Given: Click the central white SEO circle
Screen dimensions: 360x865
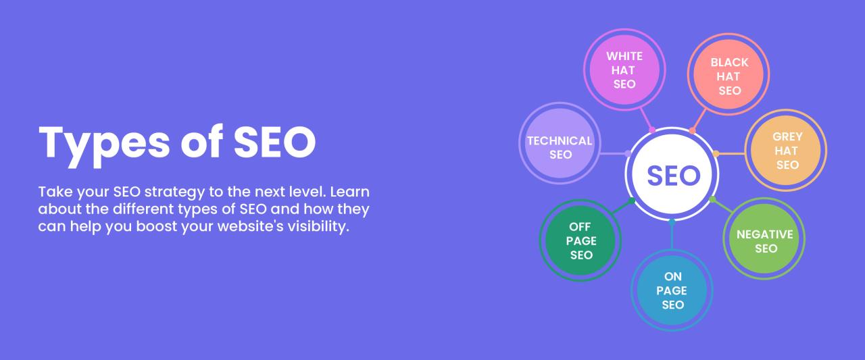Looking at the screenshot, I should click(x=672, y=175).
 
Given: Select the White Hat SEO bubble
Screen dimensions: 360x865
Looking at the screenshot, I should click(x=624, y=70).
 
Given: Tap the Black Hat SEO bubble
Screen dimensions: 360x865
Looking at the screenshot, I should click(x=729, y=76).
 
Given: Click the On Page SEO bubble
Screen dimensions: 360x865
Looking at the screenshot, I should click(x=672, y=290).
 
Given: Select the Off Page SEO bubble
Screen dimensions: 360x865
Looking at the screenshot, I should click(x=580, y=240).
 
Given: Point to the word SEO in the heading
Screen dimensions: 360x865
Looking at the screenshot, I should click(x=275, y=143).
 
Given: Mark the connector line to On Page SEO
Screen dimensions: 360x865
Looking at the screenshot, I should click(x=672, y=236).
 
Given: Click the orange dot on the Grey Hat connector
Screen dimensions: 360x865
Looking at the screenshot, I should click(x=716, y=153).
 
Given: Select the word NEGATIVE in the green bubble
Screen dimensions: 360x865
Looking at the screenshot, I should click(x=765, y=234).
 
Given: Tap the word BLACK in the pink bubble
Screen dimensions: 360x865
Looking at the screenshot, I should click(x=729, y=62).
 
